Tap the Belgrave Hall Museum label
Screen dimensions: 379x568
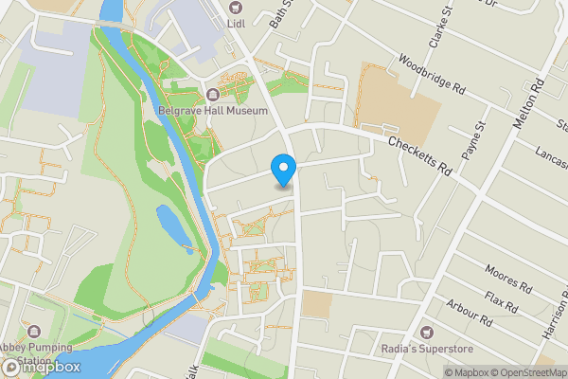click(x=212, y=111)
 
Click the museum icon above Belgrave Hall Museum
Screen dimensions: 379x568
click(x=212, y=94)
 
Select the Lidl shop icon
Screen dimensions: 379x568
click(x=236, y=7)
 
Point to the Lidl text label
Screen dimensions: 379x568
click(x=236, y=23)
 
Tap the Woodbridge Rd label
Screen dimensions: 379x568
click(x=433, y=74)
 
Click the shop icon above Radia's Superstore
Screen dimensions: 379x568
click(x=426, y=333)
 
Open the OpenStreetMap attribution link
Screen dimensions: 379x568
click(x=527, y=372)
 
